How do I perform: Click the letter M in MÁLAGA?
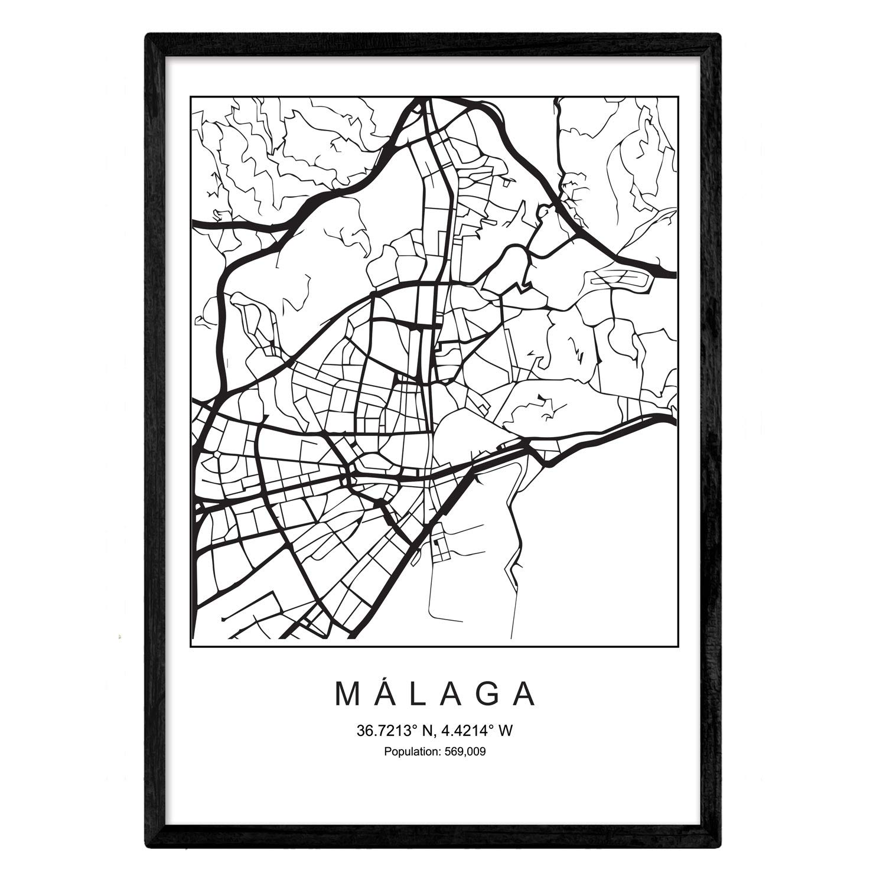pos(348,695)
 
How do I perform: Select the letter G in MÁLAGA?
pos(489,695)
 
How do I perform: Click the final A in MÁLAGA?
pos(525,695)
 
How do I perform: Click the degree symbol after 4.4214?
pos(491,728)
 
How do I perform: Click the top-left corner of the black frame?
pos(148,35)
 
